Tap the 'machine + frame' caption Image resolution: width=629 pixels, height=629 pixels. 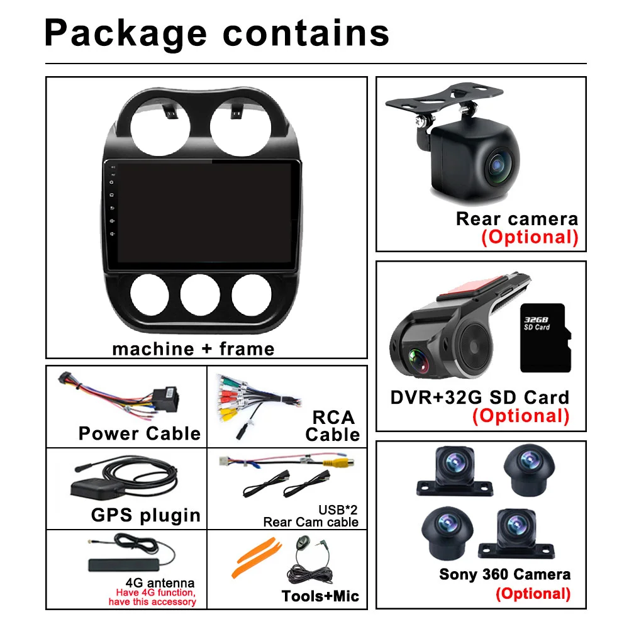click(x=193, y=348)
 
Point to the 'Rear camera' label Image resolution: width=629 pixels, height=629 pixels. click(x=516, y=219)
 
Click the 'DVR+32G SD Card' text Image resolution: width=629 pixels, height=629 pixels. click(x=479, y=398)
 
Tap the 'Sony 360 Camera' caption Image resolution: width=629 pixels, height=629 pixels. click(x=505, y=574)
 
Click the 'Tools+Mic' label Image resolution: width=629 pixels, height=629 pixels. click(x=320, y=596)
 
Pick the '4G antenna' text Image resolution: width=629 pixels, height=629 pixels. click(x=160, y=582)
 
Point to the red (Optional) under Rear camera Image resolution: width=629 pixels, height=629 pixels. click(x=529, y=237)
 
